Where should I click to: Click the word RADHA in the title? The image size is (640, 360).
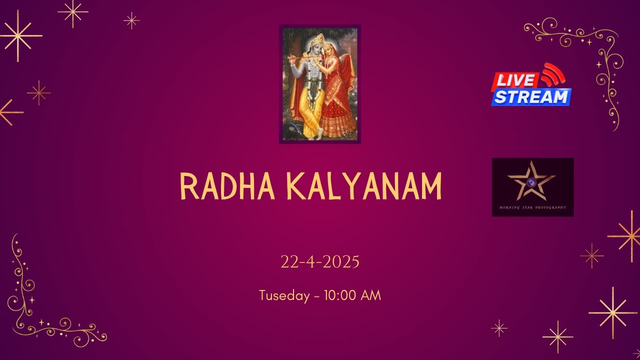coord(227,186)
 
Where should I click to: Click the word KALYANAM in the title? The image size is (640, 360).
coord(364,186)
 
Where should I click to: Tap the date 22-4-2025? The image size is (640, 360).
coord(320,262)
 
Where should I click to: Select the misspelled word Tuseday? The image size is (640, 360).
coord(284,295)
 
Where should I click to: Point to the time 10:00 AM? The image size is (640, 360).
coord(352,295)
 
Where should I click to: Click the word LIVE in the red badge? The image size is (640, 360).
coord(515,80)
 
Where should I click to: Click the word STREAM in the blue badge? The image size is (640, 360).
coord(531,97)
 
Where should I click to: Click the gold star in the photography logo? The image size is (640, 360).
coord(531,180)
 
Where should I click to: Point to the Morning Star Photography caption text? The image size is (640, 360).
coord(532,207)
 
